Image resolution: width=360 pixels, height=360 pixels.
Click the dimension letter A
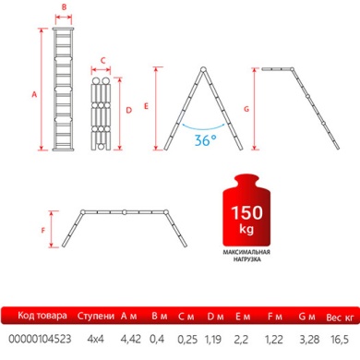point(34,93)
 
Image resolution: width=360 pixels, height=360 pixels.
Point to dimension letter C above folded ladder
point(102,62)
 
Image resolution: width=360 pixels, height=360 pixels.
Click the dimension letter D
point(128,110)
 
